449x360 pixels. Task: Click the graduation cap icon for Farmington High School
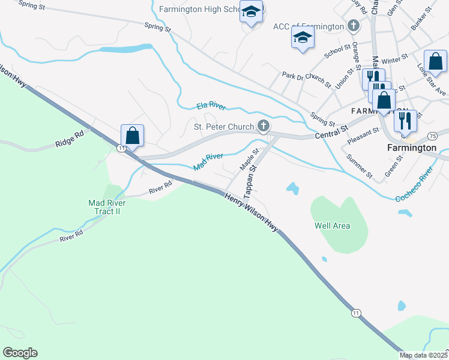[x=251, y=11]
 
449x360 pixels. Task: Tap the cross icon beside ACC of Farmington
[x=354, y=26]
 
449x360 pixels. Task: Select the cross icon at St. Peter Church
[x=262, y=126]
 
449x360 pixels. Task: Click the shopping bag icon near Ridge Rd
[x=132, y=136]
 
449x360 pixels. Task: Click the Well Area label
[x=332, y=226]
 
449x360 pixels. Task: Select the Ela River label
[x=211, y=107]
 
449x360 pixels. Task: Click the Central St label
[x=331, y=133]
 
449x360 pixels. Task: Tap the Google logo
[x=20, y=353]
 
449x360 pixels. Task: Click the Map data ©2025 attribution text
[x=424, y=355]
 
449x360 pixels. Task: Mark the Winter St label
[x=394, y=61]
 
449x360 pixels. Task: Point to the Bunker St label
[x=421, y=20]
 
